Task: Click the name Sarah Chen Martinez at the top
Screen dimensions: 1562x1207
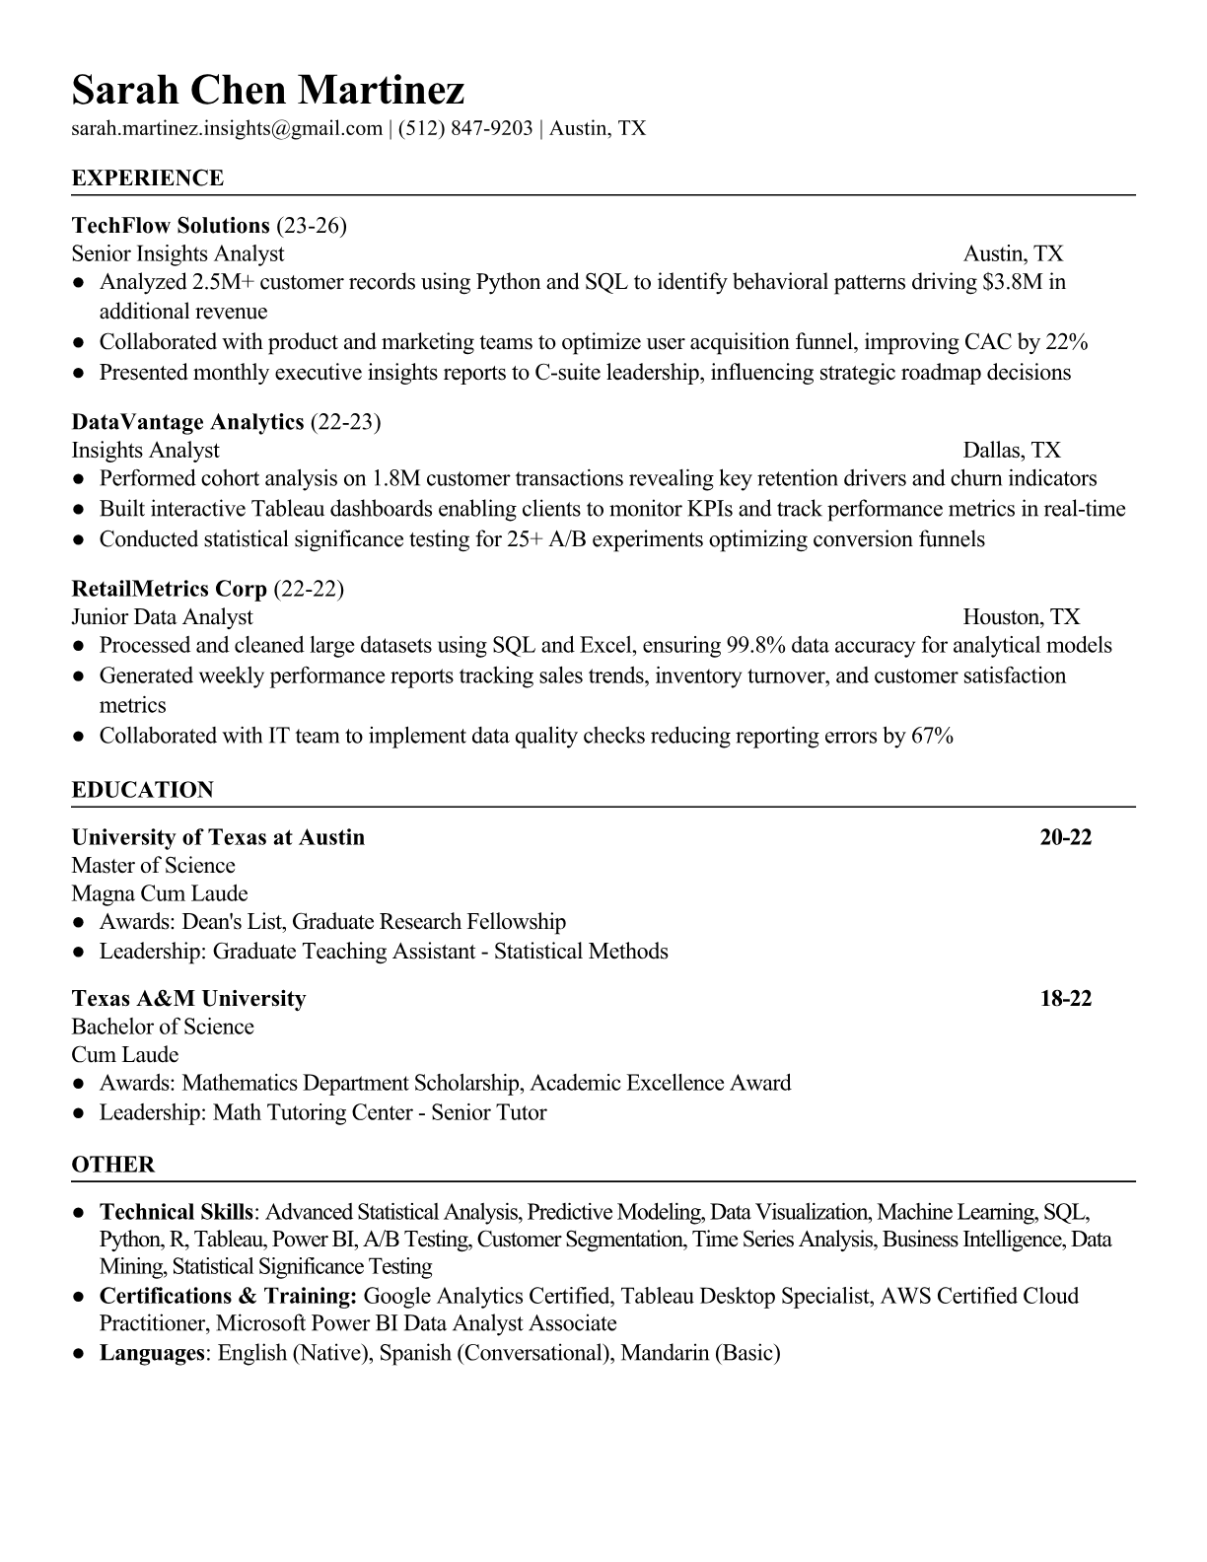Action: point(267,91)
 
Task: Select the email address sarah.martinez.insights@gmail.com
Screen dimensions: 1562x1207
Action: point(227,128)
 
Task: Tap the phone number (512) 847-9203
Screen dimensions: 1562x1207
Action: point(465,128)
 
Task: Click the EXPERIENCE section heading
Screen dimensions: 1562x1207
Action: point(148,178)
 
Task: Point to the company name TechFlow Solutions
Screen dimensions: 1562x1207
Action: point(171,226)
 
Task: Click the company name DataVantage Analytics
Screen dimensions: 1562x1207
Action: point(187,422)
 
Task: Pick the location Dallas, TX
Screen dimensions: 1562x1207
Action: point(1012,451)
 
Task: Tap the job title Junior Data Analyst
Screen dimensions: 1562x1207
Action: point(163,617)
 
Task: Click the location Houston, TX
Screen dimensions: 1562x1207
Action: point(1021,617)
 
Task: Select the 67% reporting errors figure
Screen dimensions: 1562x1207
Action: point(932,736)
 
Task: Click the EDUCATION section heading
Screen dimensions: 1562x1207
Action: point(143,790)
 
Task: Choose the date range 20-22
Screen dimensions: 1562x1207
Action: point(1065,837)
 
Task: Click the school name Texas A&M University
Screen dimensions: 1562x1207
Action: point(188,998)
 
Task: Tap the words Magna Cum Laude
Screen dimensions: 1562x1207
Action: point(160,893)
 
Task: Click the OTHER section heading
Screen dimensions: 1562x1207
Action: point(113,1165)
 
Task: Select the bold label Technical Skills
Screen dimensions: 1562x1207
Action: point(177,1212)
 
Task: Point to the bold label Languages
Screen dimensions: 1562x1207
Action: point(151,1352)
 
